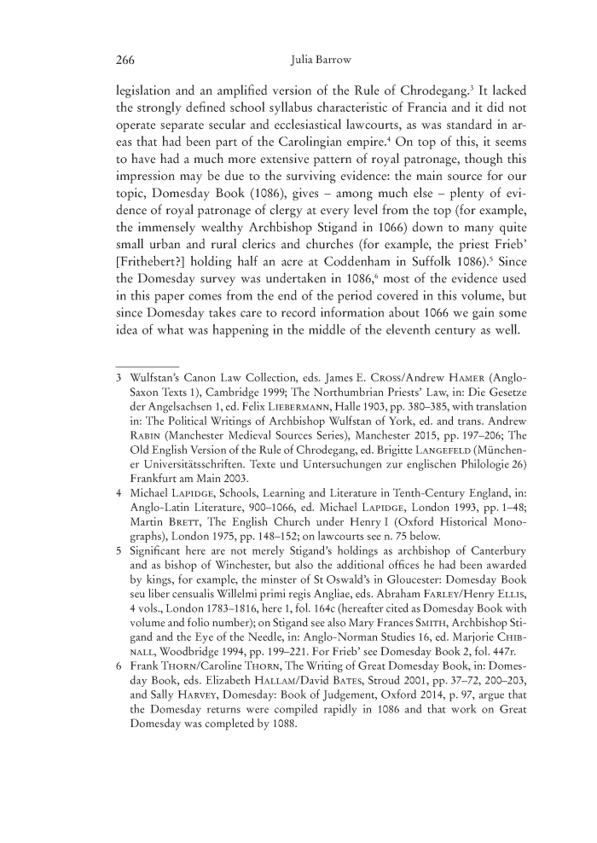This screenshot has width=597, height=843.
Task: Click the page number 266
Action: tap(127, 60)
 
